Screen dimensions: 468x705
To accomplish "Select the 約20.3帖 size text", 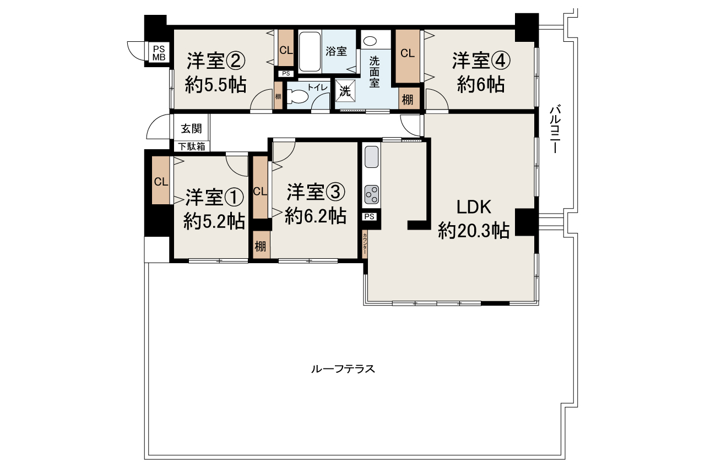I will pyautogui.click(x=473, y=231).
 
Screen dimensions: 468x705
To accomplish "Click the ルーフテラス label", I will pyautogui.click(x=343, y=369).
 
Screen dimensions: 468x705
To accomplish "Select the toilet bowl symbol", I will pyautogui.click(x=297, y=96).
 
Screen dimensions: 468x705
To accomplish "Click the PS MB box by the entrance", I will pyautogui.click(x=159, y=52).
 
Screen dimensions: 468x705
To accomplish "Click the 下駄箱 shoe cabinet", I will pyautogui.click(x=191, y=146).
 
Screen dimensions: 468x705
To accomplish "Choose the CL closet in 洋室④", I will pyautogui.click(x=407, y=53).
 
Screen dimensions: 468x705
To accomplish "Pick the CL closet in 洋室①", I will pyautogui.click(x=161, y=181).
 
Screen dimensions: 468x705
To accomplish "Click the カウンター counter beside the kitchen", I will pyautogui.click(x=365, y=244).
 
